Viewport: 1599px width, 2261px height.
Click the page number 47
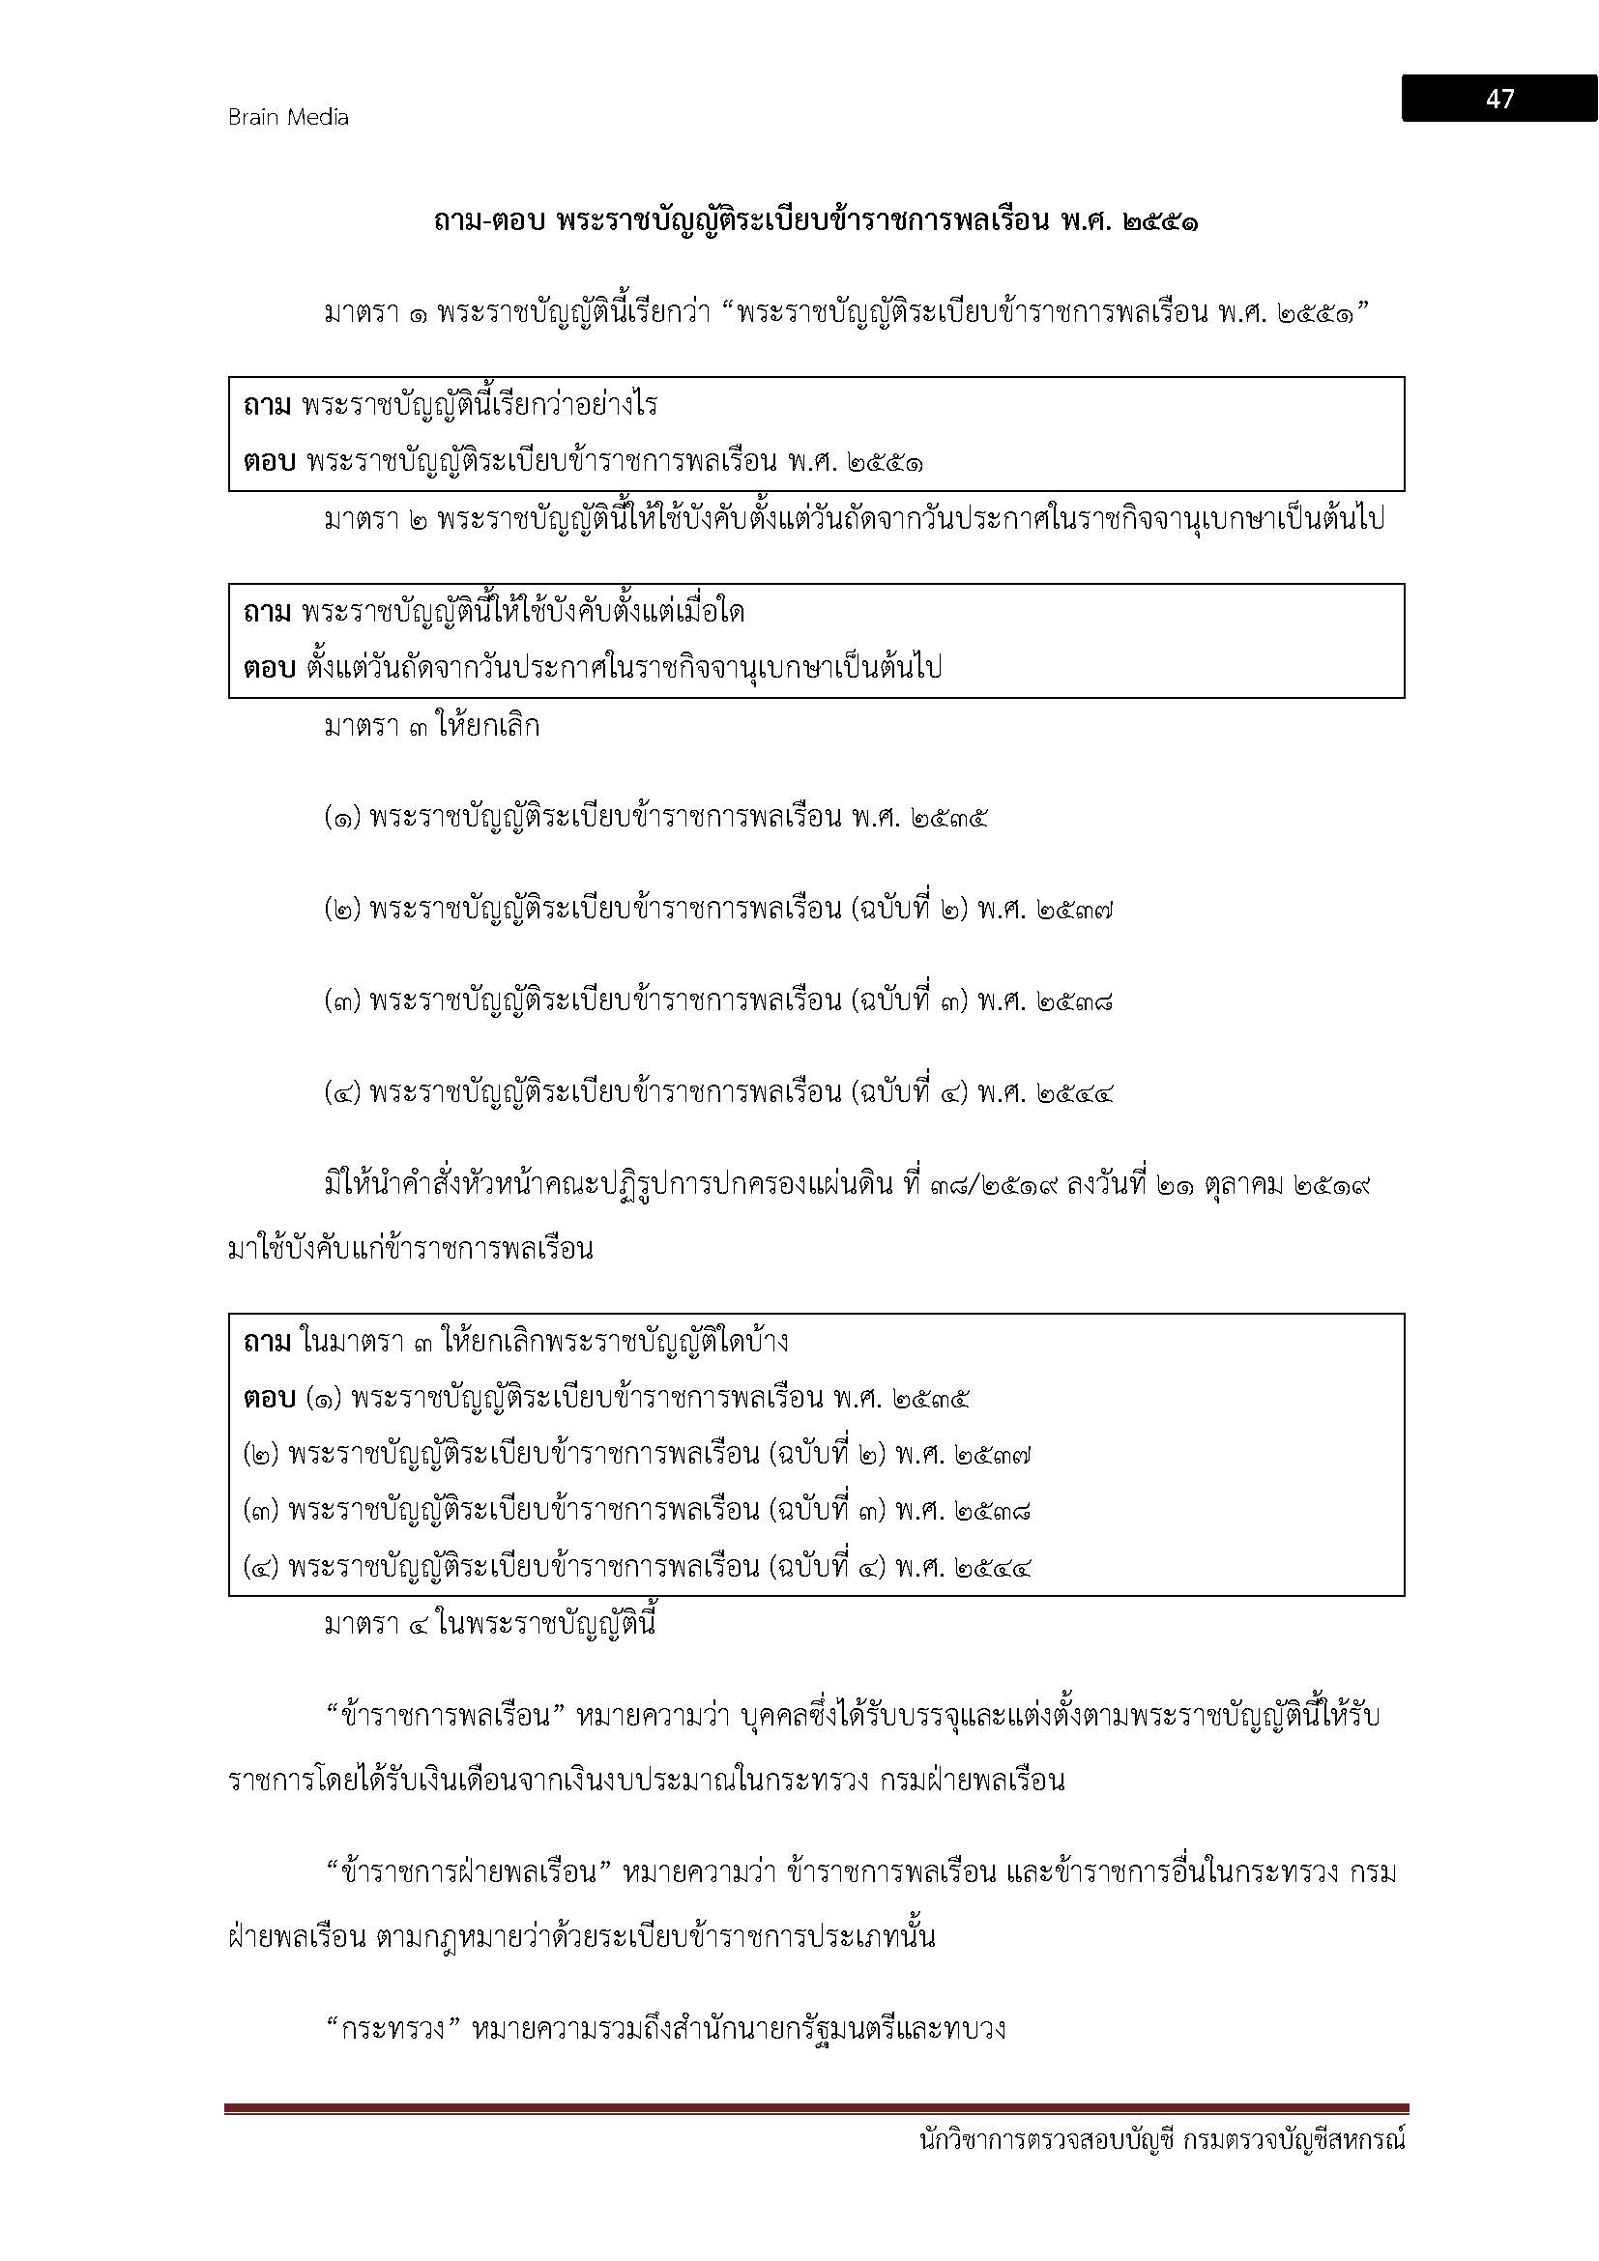click(x=1499, y=99)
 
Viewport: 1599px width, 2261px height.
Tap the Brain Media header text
click(x=288, y=117)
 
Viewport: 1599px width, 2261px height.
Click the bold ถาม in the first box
click(x=267, y=406)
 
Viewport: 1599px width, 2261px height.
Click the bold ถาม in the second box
click(x=267, y=613)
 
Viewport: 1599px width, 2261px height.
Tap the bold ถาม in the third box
click(x=267, y=1343)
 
